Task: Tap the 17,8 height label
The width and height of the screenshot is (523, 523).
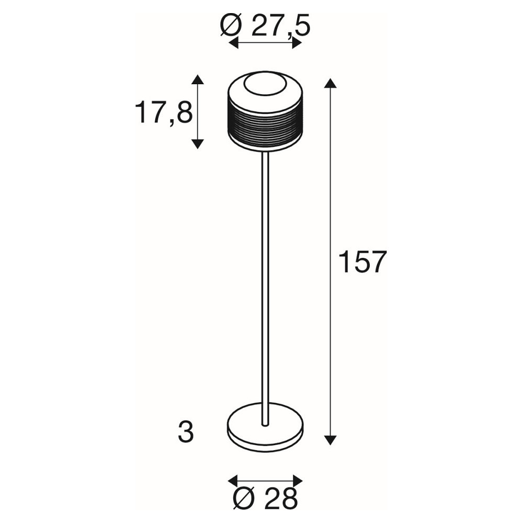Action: (164, 113)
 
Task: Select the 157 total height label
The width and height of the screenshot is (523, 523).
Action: (362, 262)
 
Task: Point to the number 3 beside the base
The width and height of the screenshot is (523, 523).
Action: (186, 433)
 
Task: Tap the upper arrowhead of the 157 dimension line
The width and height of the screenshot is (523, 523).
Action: (330, 83)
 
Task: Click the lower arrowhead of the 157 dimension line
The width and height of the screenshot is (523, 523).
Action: (330, 440)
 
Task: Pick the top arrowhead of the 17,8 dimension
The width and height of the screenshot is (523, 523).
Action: (198, 79)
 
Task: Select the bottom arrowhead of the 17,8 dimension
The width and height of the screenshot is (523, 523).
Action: (198, 144)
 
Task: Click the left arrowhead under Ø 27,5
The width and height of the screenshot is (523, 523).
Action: (233, 43)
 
